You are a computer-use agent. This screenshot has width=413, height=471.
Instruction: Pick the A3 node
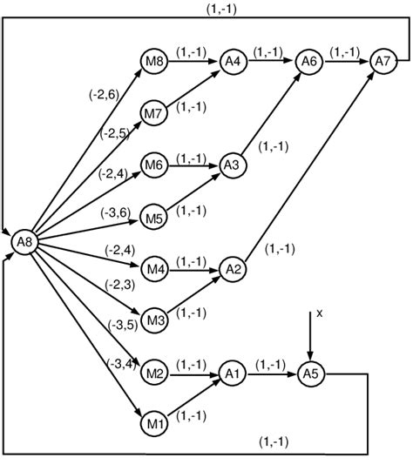pyautogui.click(x=232, y=165)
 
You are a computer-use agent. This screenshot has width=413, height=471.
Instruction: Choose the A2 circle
pyautogui.click(x=232, y=269)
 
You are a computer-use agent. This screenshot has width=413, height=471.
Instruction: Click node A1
pyautogui.click(x=232, y=373)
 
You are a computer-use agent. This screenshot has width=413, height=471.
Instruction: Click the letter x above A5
pyautogui.click(x=319, y=313)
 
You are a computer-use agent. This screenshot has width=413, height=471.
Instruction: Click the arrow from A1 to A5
pyautogui.click(x=269, y=373)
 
